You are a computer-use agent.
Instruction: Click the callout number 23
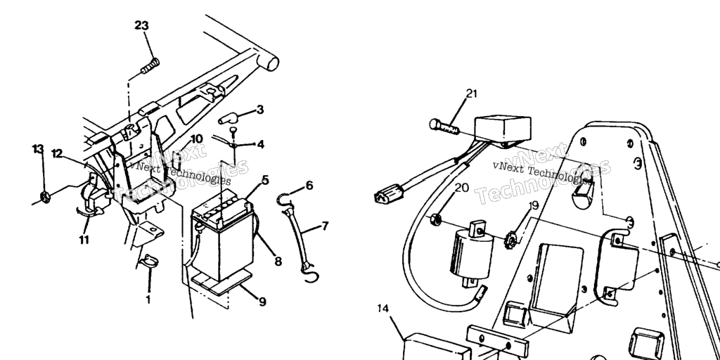pos(141,26)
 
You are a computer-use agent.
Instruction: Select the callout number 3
pos(260,110)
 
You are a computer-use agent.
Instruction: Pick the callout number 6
pos(309,186)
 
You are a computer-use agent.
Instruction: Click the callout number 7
pos(325,226)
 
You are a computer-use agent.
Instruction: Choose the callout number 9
pos(262,302)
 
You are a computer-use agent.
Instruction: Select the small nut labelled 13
pos(45,198)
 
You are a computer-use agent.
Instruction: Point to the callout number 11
pos(84,240)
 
